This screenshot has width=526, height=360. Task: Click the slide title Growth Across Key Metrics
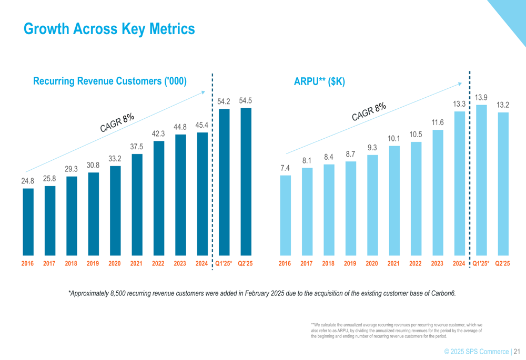coord(109,29)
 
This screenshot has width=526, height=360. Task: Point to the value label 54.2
coord(224,101)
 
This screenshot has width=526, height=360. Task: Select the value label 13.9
coord(481,97)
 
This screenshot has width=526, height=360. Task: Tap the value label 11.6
coord(438,122)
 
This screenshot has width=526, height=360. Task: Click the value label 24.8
coord(28,181)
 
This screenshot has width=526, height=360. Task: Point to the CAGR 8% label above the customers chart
coord(117,122)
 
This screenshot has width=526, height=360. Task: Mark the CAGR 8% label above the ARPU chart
coord(369,111)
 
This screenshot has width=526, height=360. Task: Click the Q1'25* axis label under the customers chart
coord(224,264)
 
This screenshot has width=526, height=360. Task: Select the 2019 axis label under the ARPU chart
coord(350,264)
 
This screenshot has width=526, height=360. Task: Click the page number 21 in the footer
coord(517,351)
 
